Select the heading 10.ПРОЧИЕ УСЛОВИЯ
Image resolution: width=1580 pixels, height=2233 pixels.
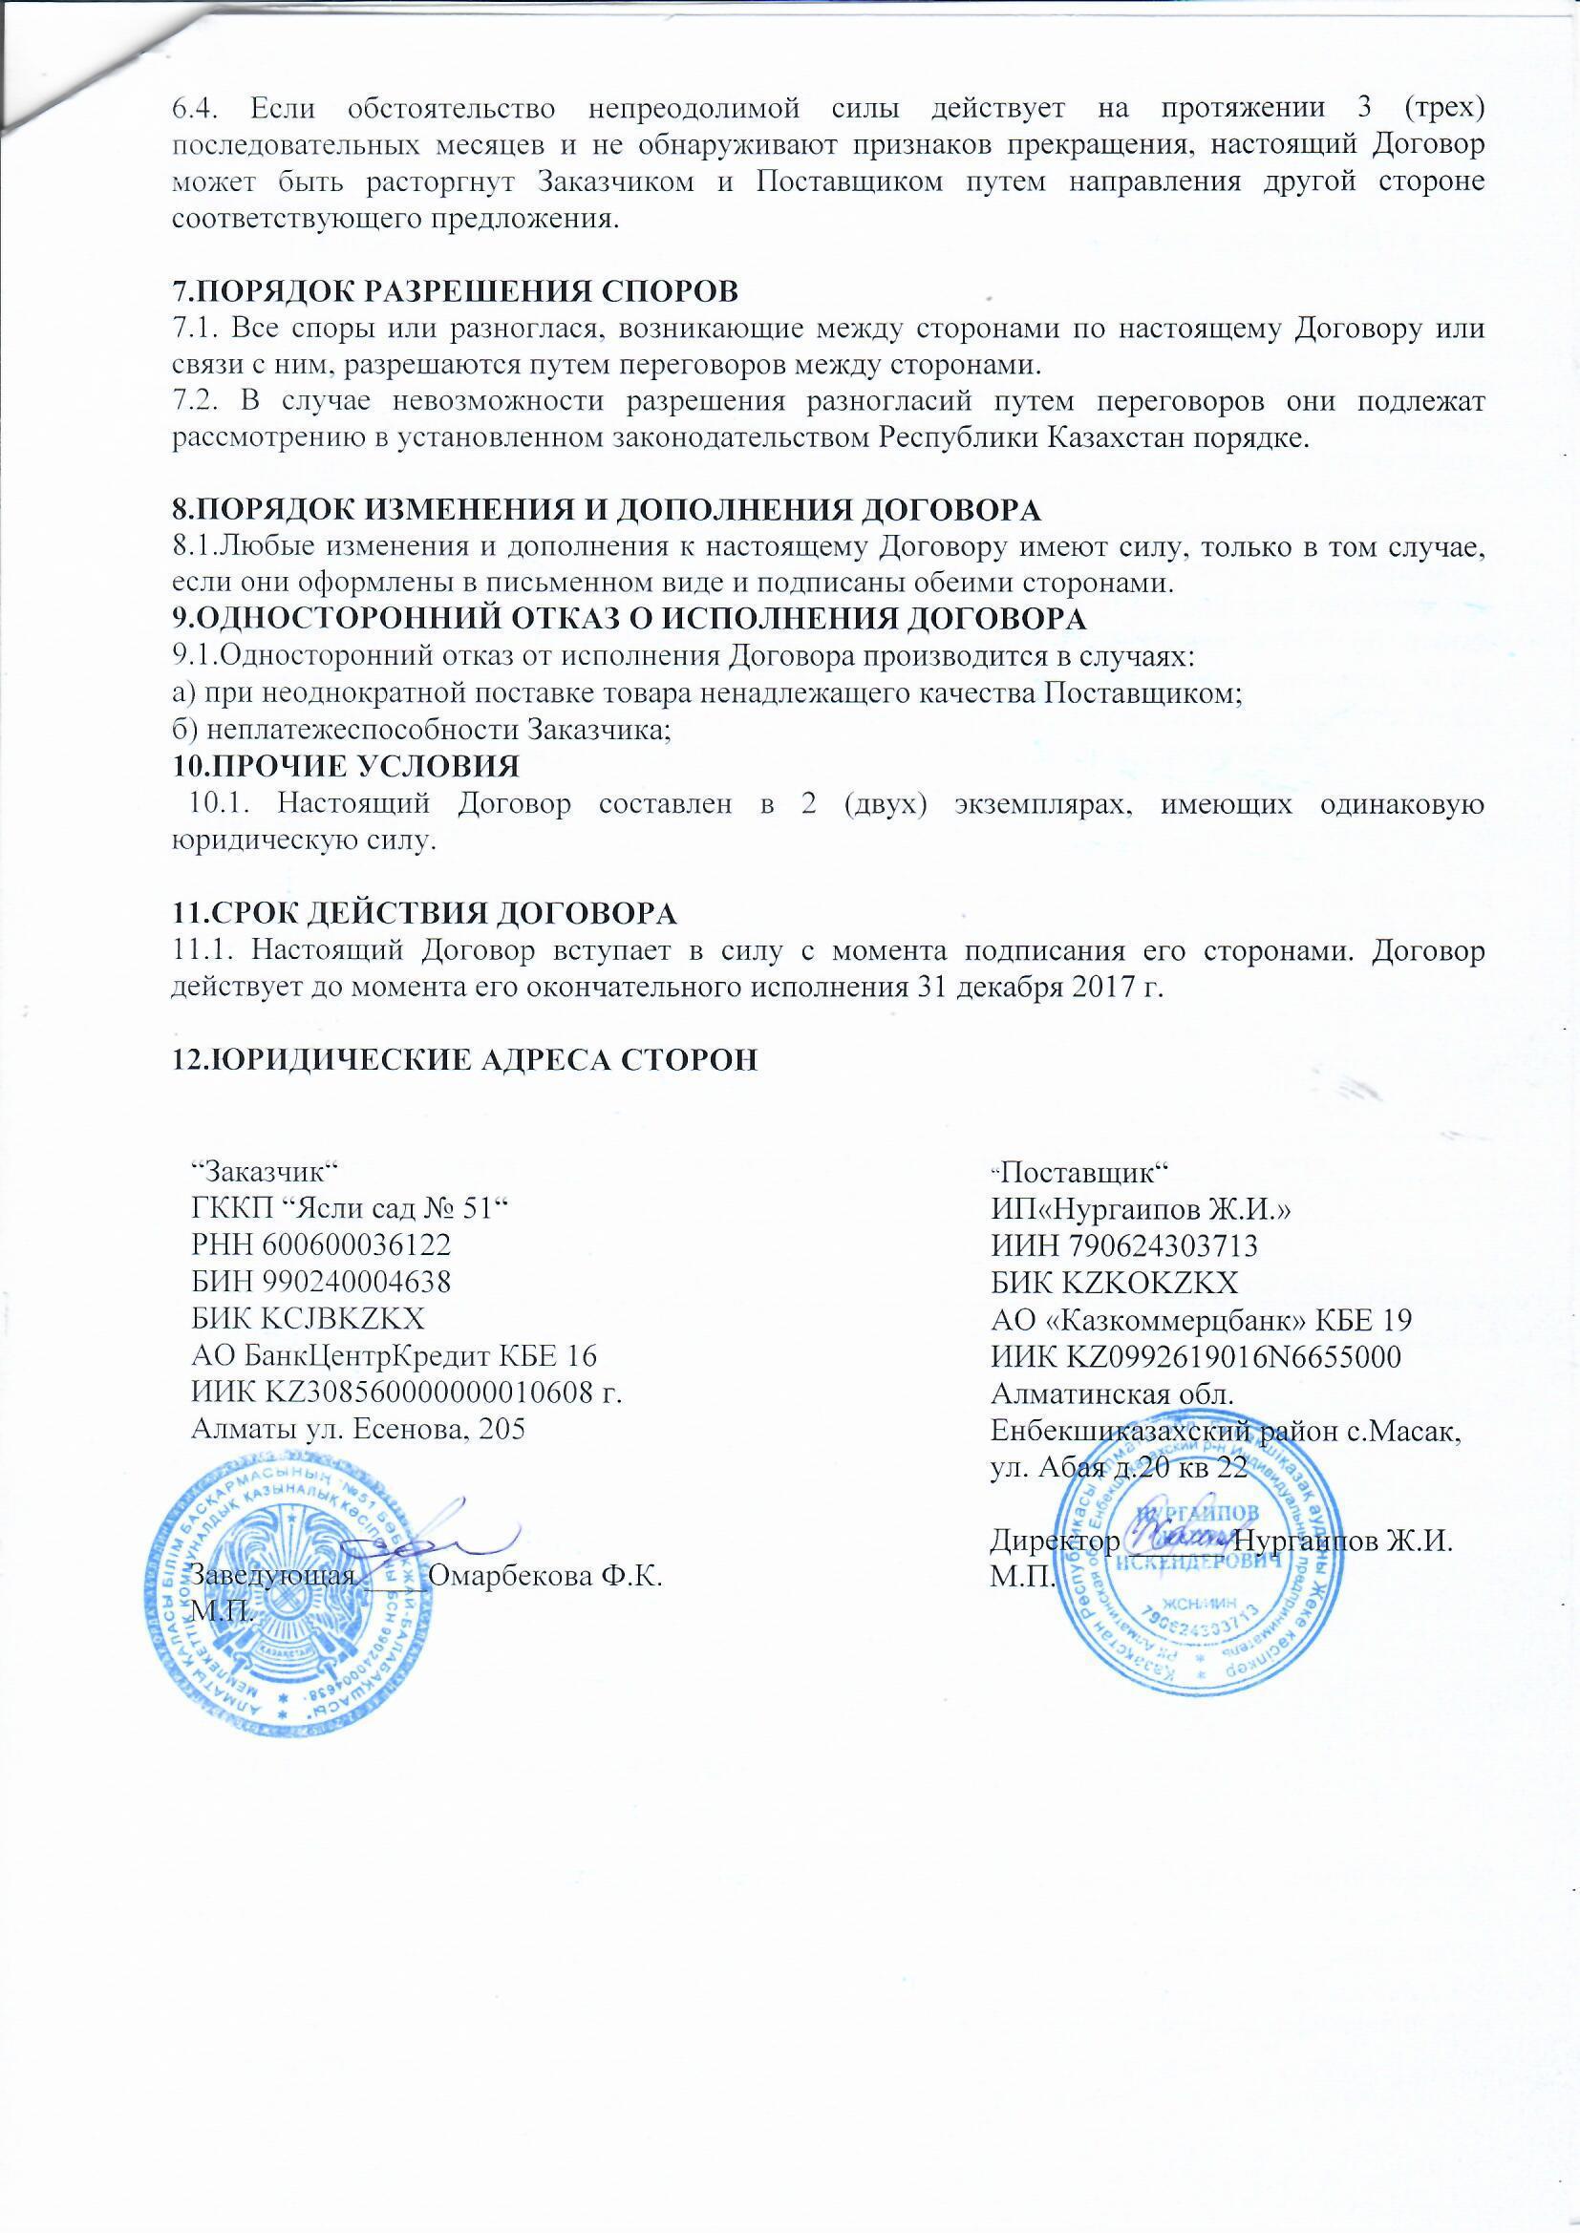pos(346,766)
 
